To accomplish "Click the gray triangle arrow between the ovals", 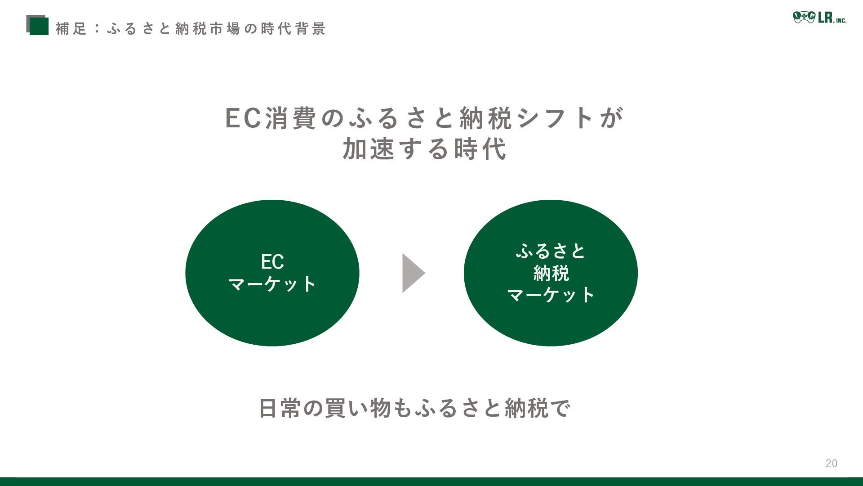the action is coord(412,273).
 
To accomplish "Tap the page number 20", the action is coord(831,463).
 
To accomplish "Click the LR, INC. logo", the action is coord(819,18).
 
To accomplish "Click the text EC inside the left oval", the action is coord(272,262).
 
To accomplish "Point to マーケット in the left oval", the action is coord(272,284).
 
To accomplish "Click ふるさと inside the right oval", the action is coord(551,251).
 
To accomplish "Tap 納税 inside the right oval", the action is coord(551,273).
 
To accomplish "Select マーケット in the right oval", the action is coord(551,295).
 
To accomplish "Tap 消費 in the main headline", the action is coord(291,118).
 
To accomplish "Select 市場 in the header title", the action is coord(225,29).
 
